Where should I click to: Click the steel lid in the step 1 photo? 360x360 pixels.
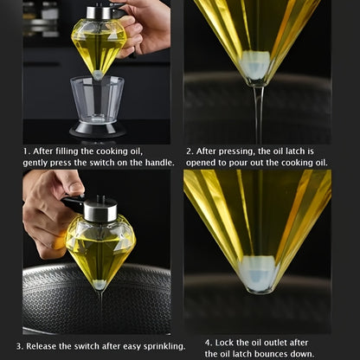point(99,13)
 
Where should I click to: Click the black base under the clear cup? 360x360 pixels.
point(98,129)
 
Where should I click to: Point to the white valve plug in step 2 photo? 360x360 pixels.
point(255,65)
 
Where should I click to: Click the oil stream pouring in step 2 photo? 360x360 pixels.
point(259,115)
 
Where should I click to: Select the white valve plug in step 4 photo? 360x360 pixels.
point(258,273)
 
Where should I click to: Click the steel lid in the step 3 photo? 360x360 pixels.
point(100,209)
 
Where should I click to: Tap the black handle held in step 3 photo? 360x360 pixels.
point(74,203)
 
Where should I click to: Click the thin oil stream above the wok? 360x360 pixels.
point(100,306)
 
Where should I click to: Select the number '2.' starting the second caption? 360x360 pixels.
point(190,151)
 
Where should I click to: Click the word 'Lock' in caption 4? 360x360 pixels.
point(224,343)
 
